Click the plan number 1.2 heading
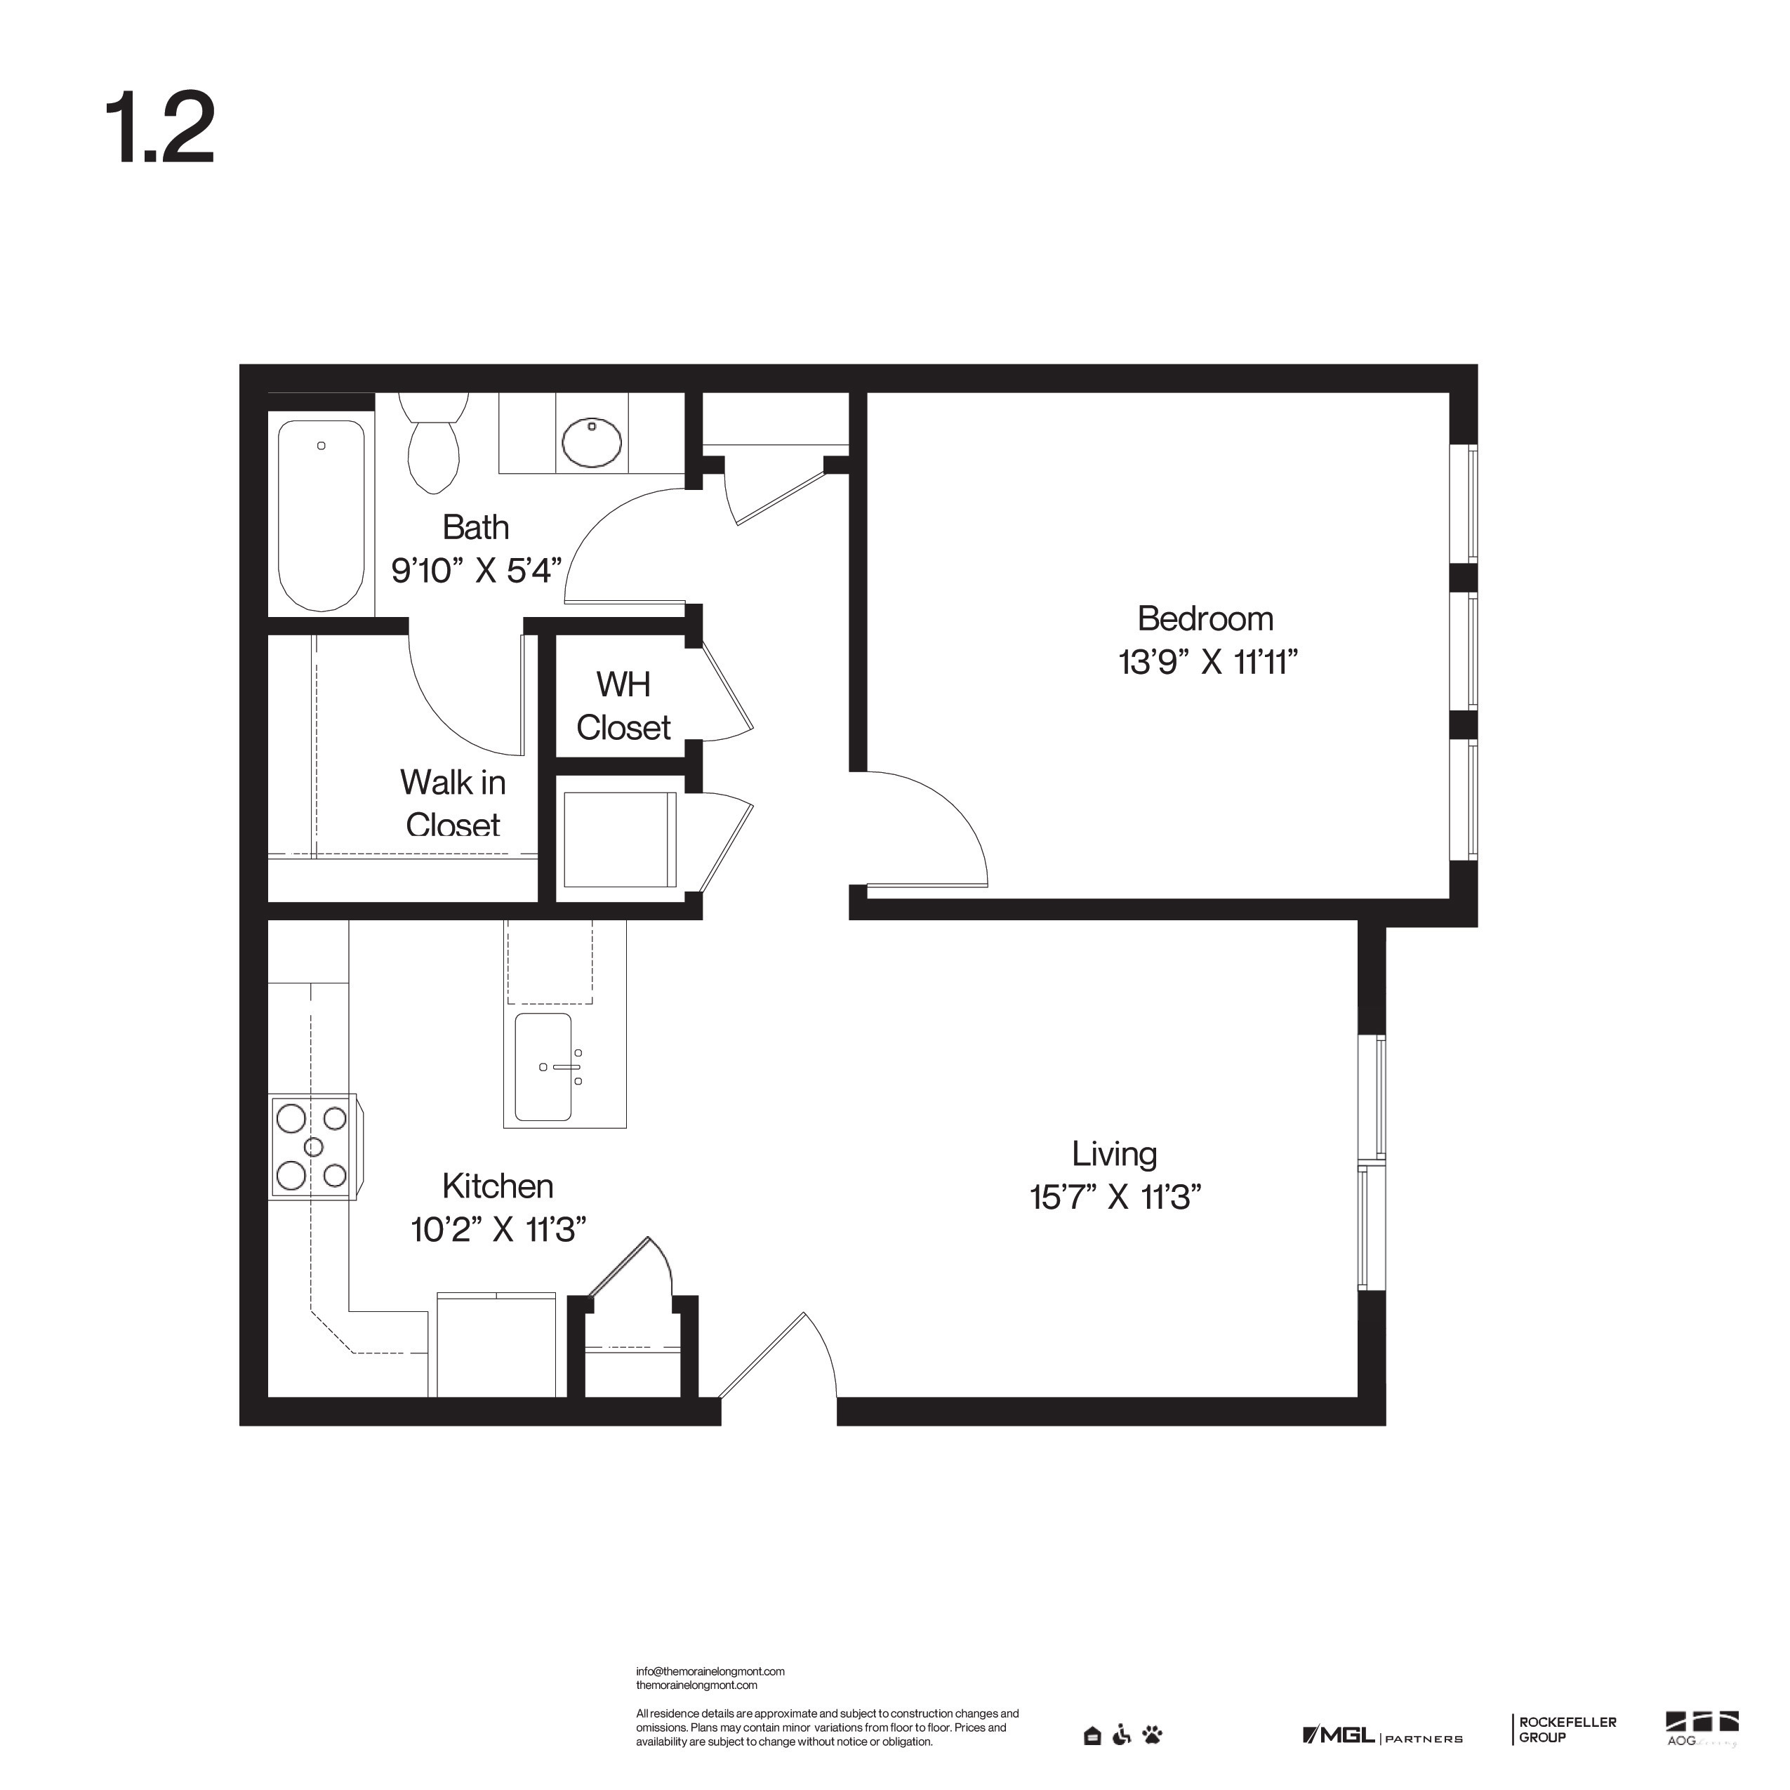pos(160,128)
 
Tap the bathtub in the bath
pos(321,515)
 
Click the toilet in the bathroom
pos(434,446)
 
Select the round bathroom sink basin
pos(592,442)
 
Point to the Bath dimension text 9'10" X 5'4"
pos(476,571)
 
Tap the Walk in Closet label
pos(453,803)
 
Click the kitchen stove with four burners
pos(312,1147)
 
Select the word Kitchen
pos(498,1186)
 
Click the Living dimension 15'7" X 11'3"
pos(1115,1197)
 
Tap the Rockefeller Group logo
pos(1567,1729)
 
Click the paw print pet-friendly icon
pos(1153,1735)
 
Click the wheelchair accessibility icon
pos(1122,1735)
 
